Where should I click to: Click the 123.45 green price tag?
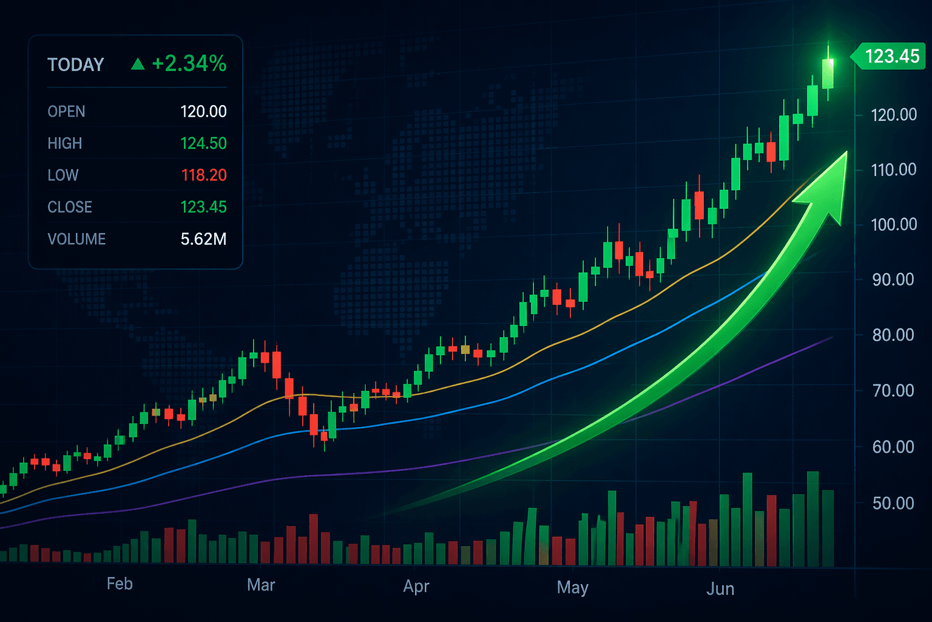click(x=891, y=56)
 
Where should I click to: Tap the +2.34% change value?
click(x=189, y=63)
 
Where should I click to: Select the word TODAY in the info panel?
click(x=76, y=65)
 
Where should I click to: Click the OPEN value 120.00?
click(x=203, y=112)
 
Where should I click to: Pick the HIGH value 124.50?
click(x=203, y=143)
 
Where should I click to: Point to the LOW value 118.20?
click(x=203, y=175)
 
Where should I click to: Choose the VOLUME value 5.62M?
click(x=203, y=239)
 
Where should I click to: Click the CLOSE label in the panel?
click(x=70, y=207)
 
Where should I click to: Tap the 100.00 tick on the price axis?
click(x=893, y=225)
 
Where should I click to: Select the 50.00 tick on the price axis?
click(x=893, y=504)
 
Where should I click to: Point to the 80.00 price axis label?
click(x=893, y=335)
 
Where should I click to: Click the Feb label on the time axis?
click(x=120, y=584)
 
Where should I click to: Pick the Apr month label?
click(x=416, y=586)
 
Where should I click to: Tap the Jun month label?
click(x=720, y=589)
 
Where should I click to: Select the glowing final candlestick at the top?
click(x=828, y=73)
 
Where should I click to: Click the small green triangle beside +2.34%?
click(x=138, y=64)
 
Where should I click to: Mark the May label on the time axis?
click(x=573, y=587)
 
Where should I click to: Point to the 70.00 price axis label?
click(x=893, y=391)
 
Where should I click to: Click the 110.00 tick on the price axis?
click(x=893, y=169)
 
